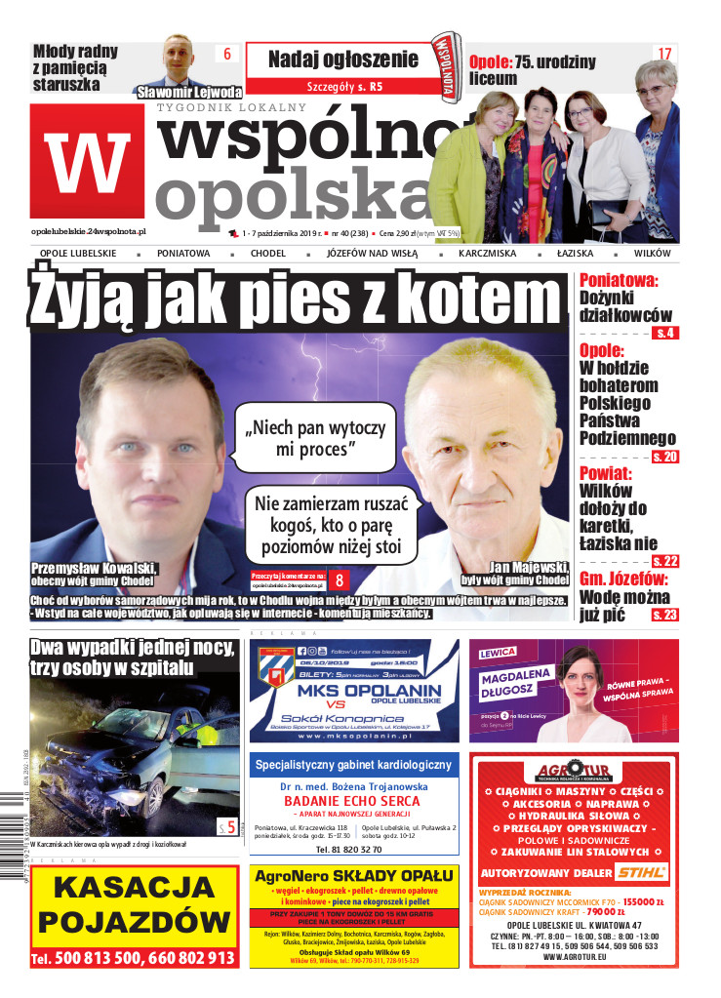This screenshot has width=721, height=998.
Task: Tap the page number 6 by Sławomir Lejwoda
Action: click(x=226, y=55)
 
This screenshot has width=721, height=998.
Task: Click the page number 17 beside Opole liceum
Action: click(x=664, y=55)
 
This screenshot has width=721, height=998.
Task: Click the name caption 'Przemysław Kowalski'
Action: click(x=94, y=568)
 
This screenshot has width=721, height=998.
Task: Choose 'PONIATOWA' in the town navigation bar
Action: click(x=183, y=254)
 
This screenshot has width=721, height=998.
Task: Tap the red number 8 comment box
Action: click(x=340, y=579)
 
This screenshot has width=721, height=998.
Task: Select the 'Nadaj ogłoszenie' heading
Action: click(x=342, y=59)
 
